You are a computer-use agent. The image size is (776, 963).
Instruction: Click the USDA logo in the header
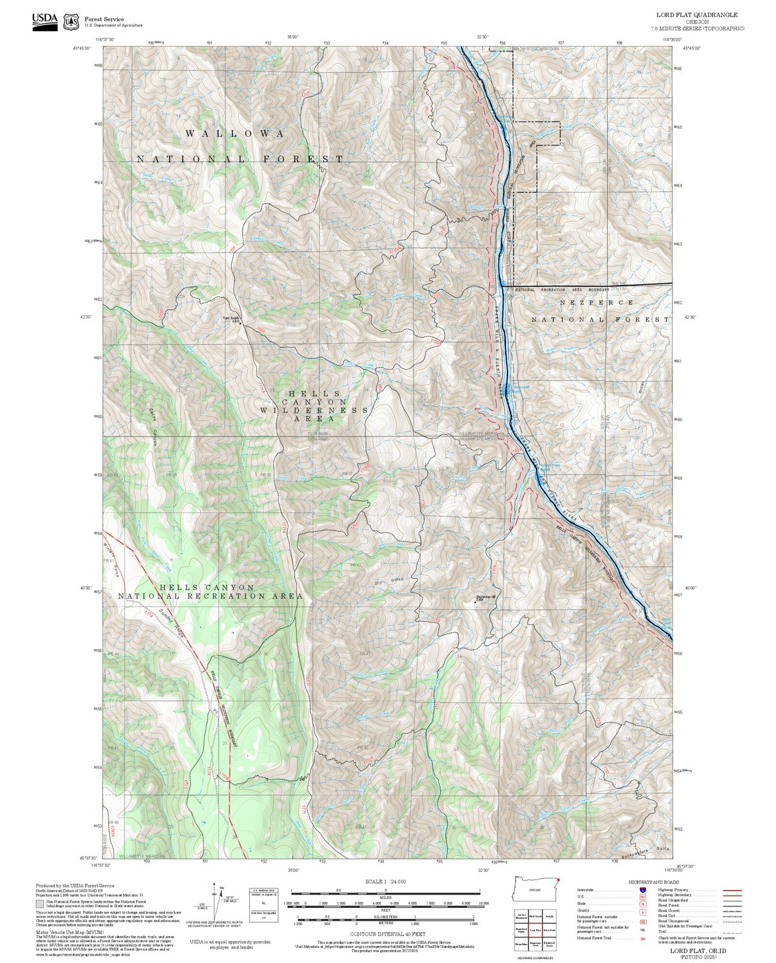coord(45,21)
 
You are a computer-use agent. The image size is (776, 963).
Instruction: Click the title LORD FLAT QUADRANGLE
coord(697,15)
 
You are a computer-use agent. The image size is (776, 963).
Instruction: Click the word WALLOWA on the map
coord(235,134)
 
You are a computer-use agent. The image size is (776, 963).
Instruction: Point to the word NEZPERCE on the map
coord(596,303)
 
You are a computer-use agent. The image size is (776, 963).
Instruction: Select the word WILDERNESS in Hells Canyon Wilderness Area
coord(314,410)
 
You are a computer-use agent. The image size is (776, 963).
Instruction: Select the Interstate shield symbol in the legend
coord(642,889)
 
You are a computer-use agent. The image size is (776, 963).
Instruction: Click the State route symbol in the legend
coord(642,903)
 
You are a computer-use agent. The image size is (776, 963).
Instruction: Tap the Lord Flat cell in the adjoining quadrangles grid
coord(534,929)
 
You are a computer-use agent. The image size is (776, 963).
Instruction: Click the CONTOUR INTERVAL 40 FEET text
coord(387,934)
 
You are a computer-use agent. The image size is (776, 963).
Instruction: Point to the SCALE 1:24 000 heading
coord(386,881)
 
